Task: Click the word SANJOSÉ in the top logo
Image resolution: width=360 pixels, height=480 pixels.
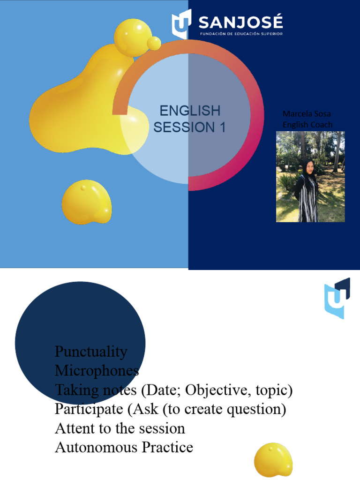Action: coord(241,22)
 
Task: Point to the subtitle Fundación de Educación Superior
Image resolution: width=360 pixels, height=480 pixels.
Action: coord(241,34)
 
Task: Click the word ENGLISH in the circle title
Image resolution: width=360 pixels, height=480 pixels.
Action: coord(190,111)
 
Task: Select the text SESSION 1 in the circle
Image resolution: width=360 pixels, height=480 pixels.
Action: coord(190,127)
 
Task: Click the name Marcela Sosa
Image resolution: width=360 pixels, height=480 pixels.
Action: coord(307,114)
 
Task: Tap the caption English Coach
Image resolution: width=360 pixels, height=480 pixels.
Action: coord(307,124)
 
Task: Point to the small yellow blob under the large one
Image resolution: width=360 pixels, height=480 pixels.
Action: coord(87,202)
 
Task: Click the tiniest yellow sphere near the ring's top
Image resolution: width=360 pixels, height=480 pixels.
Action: coord(154,43)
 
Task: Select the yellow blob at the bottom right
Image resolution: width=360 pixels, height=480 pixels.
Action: coord(273,459)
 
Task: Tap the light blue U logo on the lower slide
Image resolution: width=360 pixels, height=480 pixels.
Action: coord(337,298)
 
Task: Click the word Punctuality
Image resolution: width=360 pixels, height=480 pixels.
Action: coord(91,351)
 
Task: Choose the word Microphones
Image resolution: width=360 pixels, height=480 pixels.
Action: coord(97,370)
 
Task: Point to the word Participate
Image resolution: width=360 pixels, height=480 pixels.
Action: coord(89,409)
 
